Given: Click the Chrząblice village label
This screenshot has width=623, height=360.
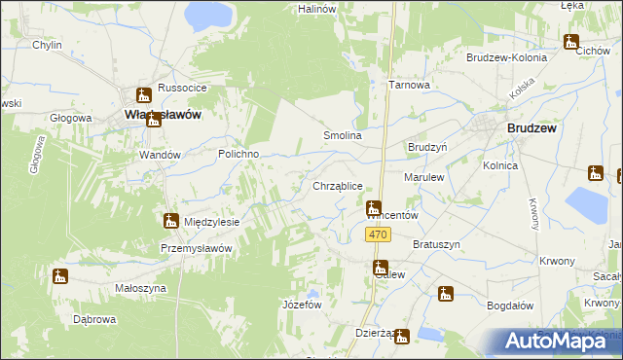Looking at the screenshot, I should click(x=338, y=185).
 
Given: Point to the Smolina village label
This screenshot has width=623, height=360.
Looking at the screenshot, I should click(x=343, y=136).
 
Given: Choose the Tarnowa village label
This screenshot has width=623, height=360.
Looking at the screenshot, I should click(x=410, y=85).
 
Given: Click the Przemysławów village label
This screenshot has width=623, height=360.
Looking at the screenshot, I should click(x=196, y=248).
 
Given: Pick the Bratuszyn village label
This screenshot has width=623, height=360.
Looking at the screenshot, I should click(x=436, y=244).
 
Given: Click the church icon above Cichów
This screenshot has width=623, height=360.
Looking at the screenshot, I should click(x=570, y=42).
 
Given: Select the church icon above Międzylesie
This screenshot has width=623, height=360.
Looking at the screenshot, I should click(x=171, y=221).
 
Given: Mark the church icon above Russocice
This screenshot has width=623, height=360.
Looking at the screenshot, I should click(x=144, y=93).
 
